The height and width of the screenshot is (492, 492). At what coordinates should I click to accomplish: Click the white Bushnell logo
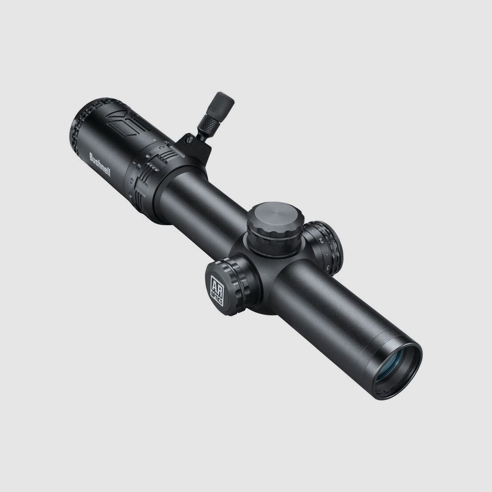pyautogui.click(x=100, y=165)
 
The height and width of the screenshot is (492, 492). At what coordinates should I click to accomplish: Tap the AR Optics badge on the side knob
pyautogui.click(x=217, y=287)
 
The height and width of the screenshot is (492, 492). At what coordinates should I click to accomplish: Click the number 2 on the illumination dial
pyautogui.click(x=321, y=241)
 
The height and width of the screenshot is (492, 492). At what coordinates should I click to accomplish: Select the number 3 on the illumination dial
pyautogui.click(x=329, y=268)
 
